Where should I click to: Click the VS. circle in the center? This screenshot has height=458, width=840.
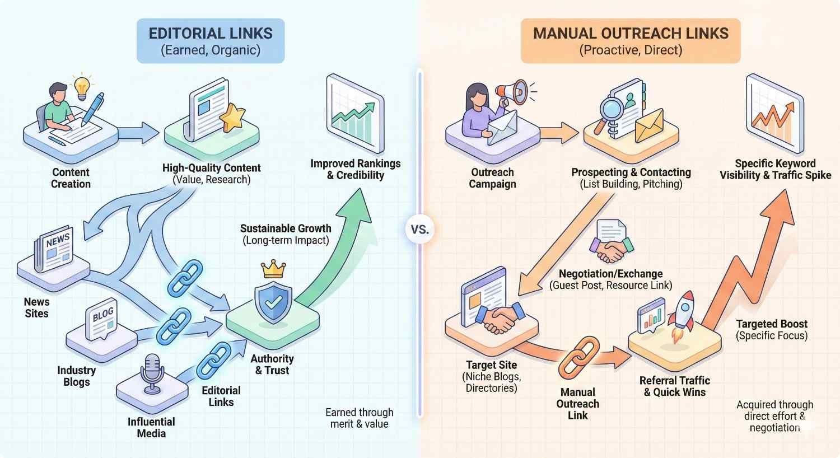coord(420,230)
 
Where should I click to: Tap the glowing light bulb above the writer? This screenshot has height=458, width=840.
coord(82,86)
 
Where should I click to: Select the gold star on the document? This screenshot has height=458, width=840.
coord(231,117)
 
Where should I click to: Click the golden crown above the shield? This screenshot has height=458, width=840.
coord(273,269)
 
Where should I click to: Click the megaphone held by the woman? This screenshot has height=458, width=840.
coord(512,92)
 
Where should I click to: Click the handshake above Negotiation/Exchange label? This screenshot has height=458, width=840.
coord(610,250)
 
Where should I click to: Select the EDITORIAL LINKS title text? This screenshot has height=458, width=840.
coord(211,34)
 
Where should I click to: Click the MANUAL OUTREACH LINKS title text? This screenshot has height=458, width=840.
coord(631,34)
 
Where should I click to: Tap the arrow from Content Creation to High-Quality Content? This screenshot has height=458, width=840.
coord(140,133)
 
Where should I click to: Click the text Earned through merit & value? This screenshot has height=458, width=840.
coord(360,418)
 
